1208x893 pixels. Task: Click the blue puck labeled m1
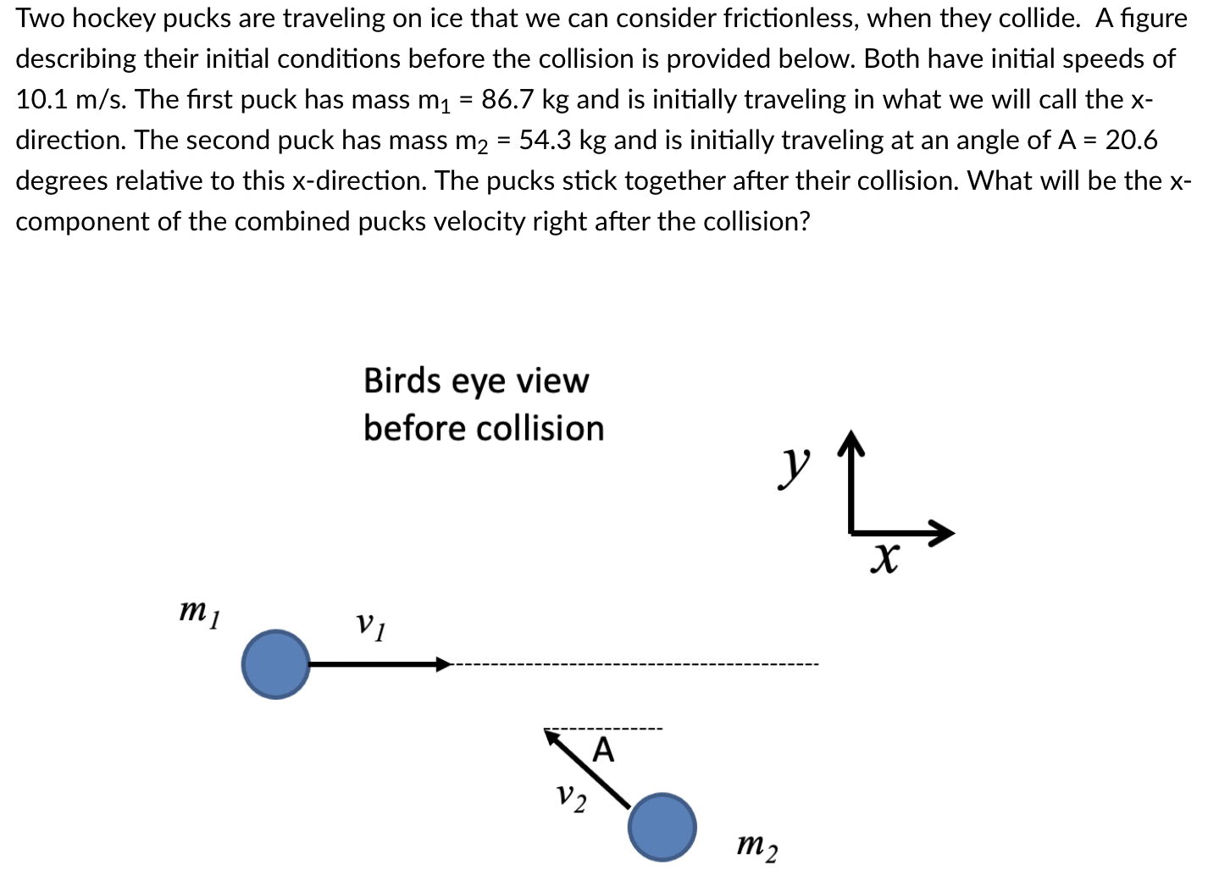(275, 664)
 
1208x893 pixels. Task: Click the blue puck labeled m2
(662, 827)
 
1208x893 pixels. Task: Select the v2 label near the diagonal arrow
(571, 797)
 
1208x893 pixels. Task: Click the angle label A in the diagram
(602, 750)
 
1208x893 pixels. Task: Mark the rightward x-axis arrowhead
(942, 533)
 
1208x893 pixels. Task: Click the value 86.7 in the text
(508, 99)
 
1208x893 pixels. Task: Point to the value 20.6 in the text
(1131, 140)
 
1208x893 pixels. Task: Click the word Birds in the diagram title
(400, 381)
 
